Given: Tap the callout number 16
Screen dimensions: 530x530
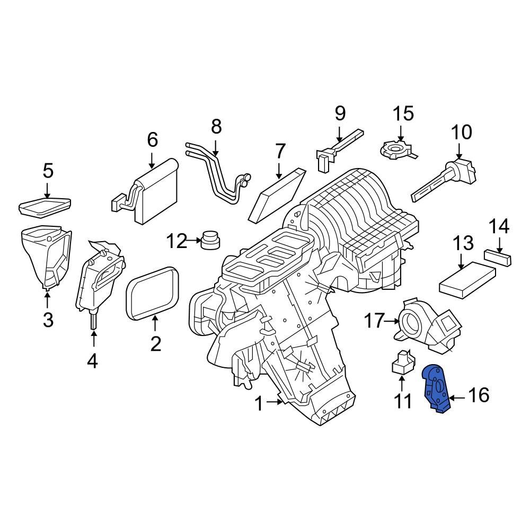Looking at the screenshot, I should [x=479, y=395].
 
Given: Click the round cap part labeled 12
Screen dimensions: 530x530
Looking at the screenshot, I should [x=210, y=240].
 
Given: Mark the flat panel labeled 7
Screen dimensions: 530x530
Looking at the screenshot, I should [x=280, y=193].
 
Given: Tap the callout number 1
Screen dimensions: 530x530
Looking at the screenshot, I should [x=259, y=405].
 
